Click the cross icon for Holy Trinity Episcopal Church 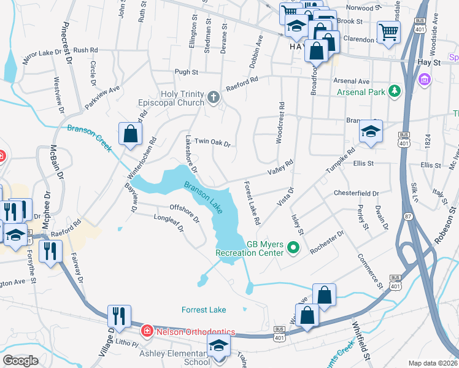pyautogui.click(x=213, y=96)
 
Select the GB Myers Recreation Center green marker pyautogui.click(x=293, y=248)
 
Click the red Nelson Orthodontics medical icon pyautogui.click(x=147, y=332)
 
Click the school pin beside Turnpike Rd pyautogui.click(x=371, y=131)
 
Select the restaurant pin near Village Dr pyautogui.click(x=118, y=315)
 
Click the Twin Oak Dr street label pyautogui.click(x=212, y=142)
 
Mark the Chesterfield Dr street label pyautogui.click(x=357, y=193)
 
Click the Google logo pyautogui.click(x=21, y=360)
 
